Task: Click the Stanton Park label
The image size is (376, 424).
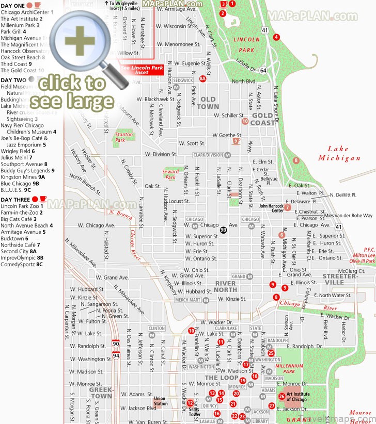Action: coord(123,137)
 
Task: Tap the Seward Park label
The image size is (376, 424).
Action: coord(170,174)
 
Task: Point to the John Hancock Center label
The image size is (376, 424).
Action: coord(271,207)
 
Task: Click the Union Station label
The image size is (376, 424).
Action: coord(160,400)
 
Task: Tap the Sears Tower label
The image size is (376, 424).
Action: coord(194,412)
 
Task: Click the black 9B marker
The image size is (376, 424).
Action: coord(223,230)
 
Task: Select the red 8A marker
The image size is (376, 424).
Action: coord(203,79)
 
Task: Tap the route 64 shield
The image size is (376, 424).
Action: coord(263,71)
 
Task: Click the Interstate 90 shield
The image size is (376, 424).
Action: coord(116,343)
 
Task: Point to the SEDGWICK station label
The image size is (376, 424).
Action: coord(183,80)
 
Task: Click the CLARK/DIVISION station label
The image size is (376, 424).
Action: coord(208,155)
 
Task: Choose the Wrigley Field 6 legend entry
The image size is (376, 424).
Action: coord(18,152)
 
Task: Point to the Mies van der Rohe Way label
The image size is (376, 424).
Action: coord(348,216)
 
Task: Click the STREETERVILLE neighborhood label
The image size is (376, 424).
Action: coord(340,279)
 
